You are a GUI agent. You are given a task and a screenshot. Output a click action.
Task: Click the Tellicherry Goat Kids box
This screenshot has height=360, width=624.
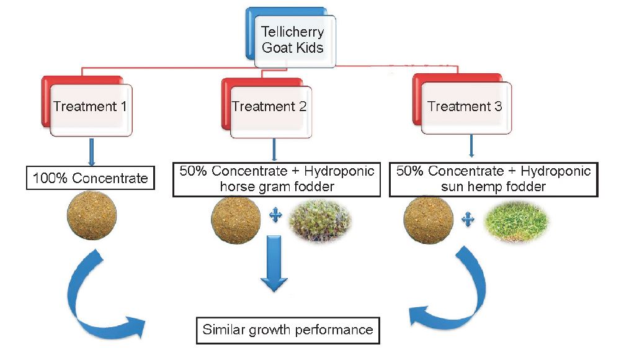point(291,38)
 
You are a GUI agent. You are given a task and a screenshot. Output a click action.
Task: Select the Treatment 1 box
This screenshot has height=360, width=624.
point(87,106)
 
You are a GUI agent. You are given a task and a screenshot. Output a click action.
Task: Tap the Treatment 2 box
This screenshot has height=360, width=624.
point(267,108)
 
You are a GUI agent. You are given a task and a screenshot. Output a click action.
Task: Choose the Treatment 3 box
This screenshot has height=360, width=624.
point(462,104)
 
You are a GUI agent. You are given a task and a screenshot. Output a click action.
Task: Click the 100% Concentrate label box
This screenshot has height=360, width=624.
point(91,178)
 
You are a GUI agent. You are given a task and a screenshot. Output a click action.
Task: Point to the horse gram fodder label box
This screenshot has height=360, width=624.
point(277,179)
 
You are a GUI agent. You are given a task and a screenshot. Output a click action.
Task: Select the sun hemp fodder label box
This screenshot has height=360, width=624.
point(494,179)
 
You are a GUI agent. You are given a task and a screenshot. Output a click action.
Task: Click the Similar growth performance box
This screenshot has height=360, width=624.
point(288,330)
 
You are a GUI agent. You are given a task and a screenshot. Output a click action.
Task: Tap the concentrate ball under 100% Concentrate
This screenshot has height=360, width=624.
point(92,215)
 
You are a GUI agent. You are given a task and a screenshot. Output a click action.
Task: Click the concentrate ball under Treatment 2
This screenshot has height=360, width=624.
point(236,219)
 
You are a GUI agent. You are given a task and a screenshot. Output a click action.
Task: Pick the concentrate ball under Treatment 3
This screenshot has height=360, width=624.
point(428,219)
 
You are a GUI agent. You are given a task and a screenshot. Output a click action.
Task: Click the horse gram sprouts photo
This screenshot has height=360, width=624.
point(319,220)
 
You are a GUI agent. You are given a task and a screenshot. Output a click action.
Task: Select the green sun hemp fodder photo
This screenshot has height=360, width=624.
point(515,221)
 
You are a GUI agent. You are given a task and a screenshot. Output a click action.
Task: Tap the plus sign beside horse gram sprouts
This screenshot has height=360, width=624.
point(275,215)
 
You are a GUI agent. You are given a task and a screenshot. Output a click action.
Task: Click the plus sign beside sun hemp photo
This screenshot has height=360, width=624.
point(468,219)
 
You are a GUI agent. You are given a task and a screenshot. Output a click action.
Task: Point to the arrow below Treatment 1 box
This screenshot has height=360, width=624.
point(92,152)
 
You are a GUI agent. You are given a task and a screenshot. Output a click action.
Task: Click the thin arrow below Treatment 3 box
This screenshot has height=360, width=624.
point(471,146)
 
